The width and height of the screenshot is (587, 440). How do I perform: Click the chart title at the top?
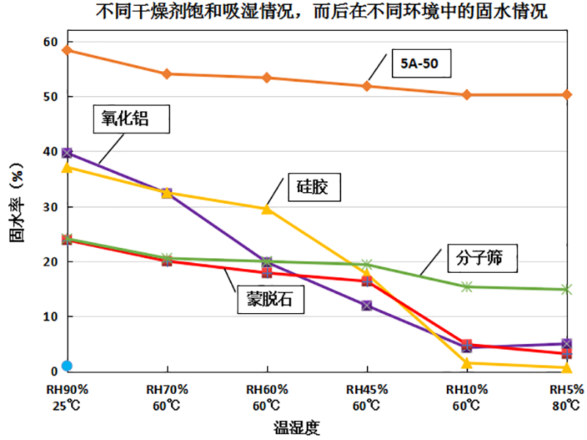point(321,12)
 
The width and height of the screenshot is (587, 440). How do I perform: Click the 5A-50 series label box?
point(420,63)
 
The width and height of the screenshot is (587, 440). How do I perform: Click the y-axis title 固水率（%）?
point(16,206)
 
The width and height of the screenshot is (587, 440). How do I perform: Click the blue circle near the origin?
point(67,366)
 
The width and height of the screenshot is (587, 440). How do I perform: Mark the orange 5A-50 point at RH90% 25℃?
point(67,50)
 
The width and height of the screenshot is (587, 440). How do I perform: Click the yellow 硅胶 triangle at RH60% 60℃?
point(267,209)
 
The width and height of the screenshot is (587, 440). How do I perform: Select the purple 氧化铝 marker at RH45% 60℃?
point(367,305)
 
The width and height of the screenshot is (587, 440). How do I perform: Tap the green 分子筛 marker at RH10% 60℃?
point(467,287)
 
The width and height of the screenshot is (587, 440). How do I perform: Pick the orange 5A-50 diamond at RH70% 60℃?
point(167,74)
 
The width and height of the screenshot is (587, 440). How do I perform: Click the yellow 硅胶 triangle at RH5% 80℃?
point(566,367)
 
